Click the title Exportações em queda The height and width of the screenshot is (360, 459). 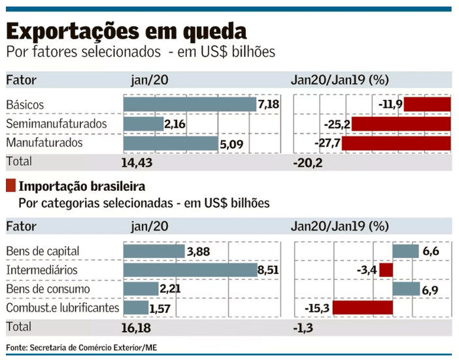tap(127, 31)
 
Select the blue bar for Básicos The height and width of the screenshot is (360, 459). tap(190, 105)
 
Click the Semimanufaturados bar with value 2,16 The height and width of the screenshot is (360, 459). tap(143, 123)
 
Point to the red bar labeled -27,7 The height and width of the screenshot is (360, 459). tap(396, 142)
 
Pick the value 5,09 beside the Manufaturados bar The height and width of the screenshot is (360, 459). tap(231, 142)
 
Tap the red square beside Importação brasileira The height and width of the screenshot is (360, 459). tap(10, 186)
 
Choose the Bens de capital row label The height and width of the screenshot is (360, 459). tap(42, 252)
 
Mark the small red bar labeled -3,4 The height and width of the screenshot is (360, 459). tap(386, 270)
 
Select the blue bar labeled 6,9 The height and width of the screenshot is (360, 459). tap(406, 289)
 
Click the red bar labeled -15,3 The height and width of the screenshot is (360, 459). tap(363, 307)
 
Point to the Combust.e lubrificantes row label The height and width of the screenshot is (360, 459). tap(62, 307)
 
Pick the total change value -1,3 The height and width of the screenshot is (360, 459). tap(303, 325)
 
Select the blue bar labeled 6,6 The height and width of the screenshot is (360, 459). tap(405, 252)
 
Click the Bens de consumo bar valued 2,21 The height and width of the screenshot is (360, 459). tap(141, 289)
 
